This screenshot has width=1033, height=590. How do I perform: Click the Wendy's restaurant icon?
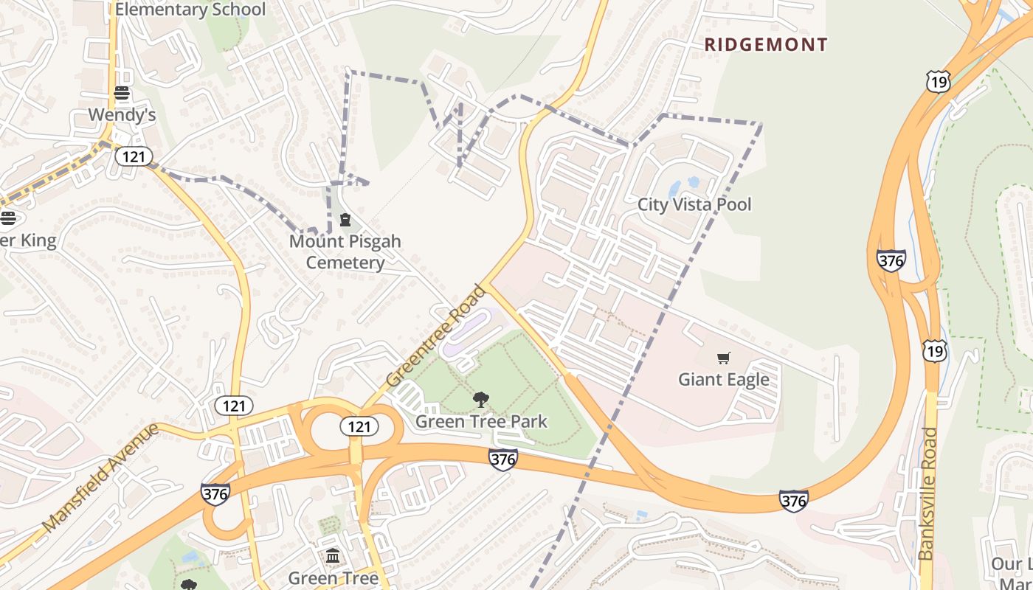point(122,93)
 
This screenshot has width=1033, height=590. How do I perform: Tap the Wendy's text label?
point(122,115)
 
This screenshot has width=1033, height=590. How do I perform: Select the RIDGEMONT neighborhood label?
point(766,44)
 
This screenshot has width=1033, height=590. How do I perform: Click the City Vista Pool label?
point(694,204)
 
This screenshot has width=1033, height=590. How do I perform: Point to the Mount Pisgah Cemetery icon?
point(345,220)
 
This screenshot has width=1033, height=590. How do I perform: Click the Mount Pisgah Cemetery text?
point(345,251)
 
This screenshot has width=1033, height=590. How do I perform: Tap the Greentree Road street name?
point(436,336)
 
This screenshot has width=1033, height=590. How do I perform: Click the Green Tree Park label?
point(481,421)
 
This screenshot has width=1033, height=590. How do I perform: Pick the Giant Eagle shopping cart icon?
point(724,358)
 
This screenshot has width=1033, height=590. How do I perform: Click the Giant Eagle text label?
point(724,379)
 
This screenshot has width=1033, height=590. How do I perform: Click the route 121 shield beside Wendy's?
point(134,156)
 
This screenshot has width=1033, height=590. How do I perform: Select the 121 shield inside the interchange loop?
point(359,426)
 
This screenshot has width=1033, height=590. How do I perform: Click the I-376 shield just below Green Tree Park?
point(502,459)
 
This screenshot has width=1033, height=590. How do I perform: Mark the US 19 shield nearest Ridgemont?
point(938,81)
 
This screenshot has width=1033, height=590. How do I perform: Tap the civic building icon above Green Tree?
point(333,555)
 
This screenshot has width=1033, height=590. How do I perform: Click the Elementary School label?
point(190,10)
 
